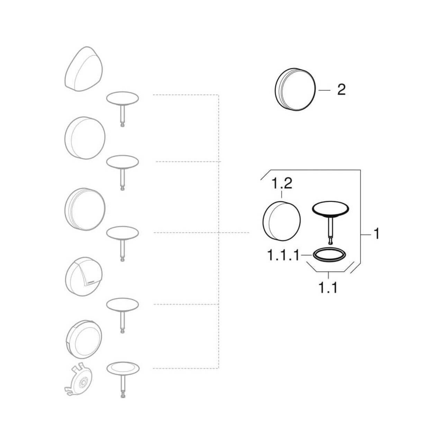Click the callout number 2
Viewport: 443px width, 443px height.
(x=341, y=90)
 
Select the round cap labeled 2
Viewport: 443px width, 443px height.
(x=295, y=89)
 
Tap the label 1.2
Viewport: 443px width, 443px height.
(x=282, y=184)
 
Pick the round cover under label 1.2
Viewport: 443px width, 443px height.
(x=282, y=221)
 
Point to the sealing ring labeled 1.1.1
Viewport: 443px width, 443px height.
(x=329, y=255)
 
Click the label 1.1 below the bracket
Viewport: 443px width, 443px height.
(x=328, y=288)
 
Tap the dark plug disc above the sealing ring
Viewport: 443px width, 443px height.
(x=331, y=209)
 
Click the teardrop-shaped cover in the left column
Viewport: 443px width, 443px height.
(x=84, y=69)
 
